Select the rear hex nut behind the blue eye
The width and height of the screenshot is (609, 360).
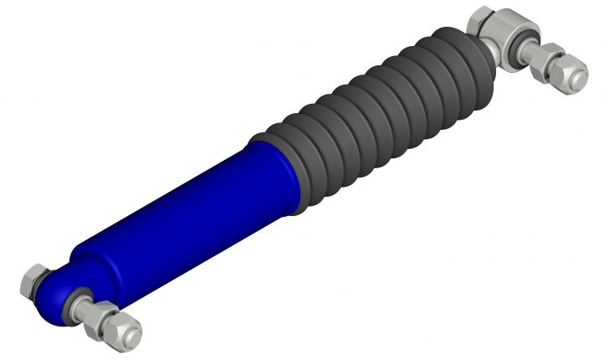pos(35,280)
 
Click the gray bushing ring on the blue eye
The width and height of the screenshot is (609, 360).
pos(79,295)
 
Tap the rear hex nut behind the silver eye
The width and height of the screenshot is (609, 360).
pos(483,20)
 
